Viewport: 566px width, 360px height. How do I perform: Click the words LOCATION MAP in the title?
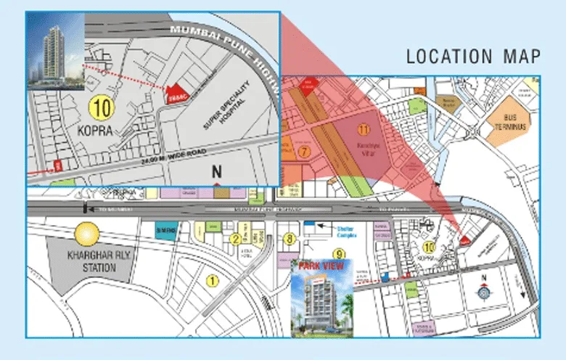pos(472,56)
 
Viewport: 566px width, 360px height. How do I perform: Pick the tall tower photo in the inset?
pos(55,50)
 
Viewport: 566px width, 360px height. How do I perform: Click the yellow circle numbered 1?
pos(213,280)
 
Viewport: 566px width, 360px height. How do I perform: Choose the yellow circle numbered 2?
pos(235,239)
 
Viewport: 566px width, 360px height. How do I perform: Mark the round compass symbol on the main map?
pos(485,292)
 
